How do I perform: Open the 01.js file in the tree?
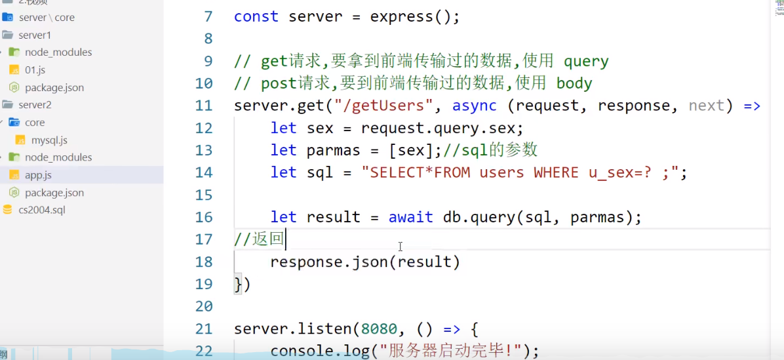(x=35, y=70)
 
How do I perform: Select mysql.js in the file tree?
(x=49, y=140)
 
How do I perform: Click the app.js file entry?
(x=38, y=175)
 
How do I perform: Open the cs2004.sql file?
(x=42, y=210)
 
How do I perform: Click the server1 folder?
(x=35, y=35)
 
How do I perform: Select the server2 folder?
(x=35, y=105)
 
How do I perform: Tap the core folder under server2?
(x=35, y=123)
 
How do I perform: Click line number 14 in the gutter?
(x=204, y=172)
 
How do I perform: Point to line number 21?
(x=204, y=329)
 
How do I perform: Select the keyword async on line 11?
(x=474, y=106)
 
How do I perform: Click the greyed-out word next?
(x=706, y=106)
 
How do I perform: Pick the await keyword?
(x=411, y=217)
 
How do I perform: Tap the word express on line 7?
(x=402, y=16)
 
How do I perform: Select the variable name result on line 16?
(x=334, y=217)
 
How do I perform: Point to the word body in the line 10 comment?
(x=574, y=83)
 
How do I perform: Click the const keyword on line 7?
(x=256, y=16)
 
